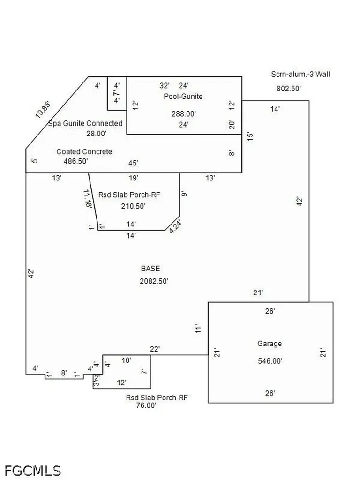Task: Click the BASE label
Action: pos(150,269)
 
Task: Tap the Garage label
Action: pos(270,344)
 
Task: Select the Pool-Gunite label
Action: pos(183,97)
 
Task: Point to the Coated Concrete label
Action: pos(84,151)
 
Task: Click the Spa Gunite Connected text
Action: pos(85,123)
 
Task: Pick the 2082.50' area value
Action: pos(154,281)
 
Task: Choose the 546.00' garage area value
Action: pos(270,361)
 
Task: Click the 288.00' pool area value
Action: pos(184,113)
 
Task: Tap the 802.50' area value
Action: pos(289,89)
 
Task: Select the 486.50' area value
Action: pos(76,161)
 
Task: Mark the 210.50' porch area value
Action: pos(133,206)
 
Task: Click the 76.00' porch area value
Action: pos(146,405)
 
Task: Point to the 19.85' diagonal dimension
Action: pos(43,110)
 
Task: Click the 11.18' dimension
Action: pos(88,199)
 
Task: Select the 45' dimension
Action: pos(134,163)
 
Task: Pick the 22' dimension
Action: pos(155,349)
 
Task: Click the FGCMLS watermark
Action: pos(33,471)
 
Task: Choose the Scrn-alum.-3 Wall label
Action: pos(300,74)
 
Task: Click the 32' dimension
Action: pos(165,85)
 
